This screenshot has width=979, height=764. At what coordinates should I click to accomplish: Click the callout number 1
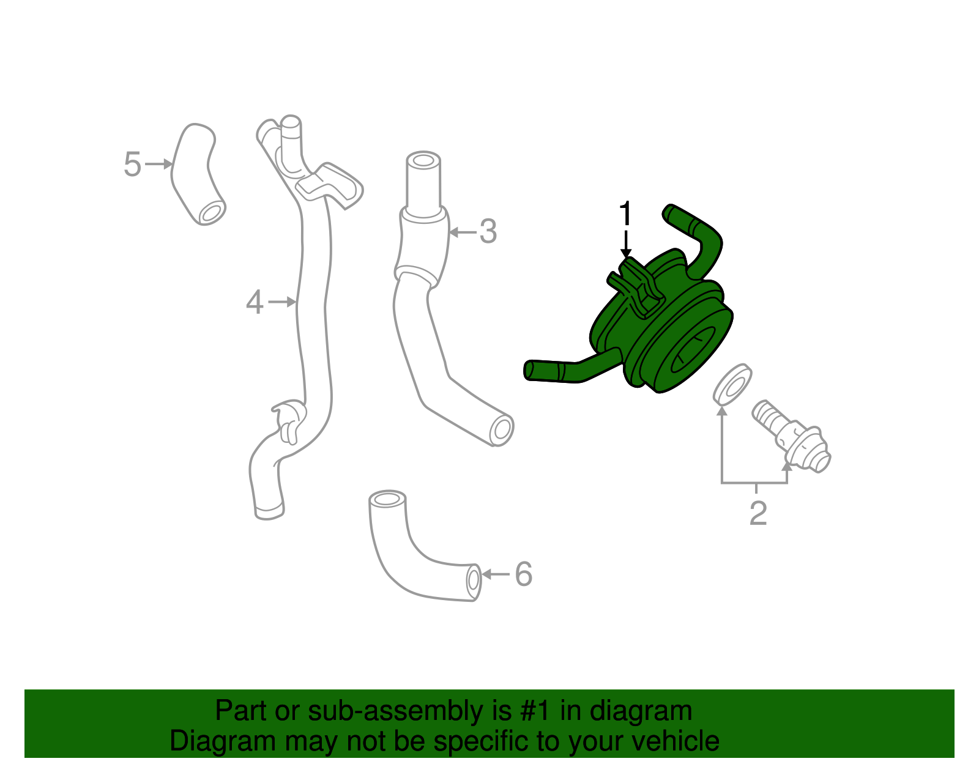625,214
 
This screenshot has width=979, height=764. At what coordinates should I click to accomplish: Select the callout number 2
758,513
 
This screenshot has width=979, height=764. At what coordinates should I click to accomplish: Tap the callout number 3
488,232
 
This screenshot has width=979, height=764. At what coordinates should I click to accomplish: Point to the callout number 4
255,302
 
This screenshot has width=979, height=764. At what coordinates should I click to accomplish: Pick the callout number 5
132,164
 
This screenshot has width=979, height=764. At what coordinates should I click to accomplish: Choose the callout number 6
523,574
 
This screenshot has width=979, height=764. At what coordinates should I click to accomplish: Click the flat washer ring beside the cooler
732,385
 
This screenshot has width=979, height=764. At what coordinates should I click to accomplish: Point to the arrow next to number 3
463,232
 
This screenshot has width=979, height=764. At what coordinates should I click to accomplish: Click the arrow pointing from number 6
495,574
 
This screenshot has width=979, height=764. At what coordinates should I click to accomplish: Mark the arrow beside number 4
283,302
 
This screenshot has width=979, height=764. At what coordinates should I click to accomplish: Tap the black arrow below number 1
625,245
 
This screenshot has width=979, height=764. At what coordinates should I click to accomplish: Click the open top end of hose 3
423,161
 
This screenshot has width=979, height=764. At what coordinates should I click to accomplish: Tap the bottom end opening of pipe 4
269,511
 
